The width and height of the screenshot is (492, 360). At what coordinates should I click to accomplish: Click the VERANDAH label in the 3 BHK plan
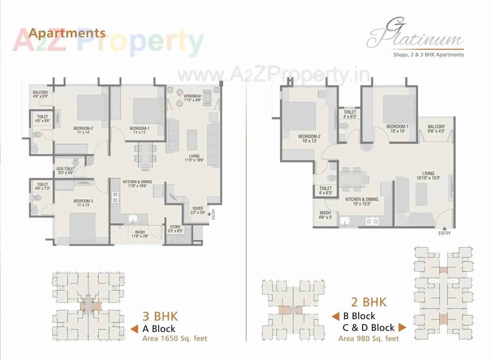(x=193, y=98)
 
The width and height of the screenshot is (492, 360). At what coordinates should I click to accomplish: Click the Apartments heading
(x=67, y=33)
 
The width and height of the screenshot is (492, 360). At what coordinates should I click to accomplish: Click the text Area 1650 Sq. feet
(x=175, y=338)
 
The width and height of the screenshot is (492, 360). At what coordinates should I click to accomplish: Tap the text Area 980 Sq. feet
(x=368, y=338)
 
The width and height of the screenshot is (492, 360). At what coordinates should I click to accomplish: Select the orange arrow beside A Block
(x=134, y=329)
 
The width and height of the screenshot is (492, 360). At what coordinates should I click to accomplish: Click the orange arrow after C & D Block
(x=402, y=327)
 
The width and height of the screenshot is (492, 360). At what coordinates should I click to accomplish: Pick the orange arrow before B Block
(x=336, y=316)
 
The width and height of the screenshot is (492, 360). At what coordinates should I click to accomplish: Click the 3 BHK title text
(x=160, y=316)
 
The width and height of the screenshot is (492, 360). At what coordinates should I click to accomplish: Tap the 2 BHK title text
(x=369, y=302)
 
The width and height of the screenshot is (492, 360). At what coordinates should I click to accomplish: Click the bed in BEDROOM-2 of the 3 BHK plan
(x=92, y=107)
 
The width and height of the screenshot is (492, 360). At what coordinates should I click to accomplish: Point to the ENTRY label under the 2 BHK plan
(x=444, y=233)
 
